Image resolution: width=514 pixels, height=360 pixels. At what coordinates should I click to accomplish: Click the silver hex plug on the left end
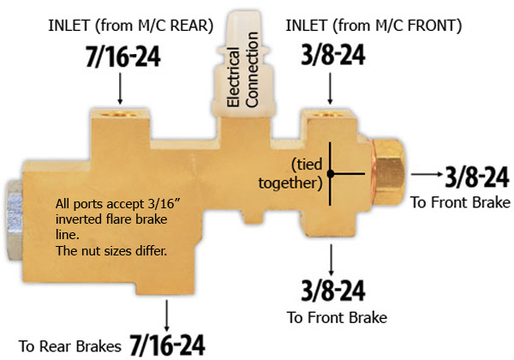[x=14, y=219]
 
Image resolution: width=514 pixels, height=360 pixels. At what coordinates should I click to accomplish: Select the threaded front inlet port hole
[x=328, y=114]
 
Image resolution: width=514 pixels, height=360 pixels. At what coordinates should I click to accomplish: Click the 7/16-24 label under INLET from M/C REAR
[x=123, y=57]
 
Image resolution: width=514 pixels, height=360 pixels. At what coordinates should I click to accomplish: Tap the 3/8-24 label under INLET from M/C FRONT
[x=333, y=54]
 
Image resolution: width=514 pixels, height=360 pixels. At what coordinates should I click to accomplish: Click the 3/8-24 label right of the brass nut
[x=477, y=177]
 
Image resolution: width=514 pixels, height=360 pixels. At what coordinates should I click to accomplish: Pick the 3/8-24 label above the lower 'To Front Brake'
[x=333, y=291]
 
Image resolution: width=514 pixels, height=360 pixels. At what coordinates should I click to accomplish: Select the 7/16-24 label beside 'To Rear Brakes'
[x=168, y=345]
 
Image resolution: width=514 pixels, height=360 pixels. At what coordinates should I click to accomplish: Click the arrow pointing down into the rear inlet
[x=120, y=88]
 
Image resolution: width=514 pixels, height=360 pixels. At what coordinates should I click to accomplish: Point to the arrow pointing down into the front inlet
[x=330, y=88]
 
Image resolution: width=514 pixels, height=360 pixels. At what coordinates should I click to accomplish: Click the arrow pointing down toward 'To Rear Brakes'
[x=167, y=315]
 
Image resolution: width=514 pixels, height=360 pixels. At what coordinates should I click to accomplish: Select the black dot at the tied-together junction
[x=331, y=174]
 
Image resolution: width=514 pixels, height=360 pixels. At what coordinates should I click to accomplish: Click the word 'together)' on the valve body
[x=290, y=183]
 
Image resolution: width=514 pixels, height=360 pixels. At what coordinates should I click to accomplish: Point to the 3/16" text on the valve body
[x=164, y=204]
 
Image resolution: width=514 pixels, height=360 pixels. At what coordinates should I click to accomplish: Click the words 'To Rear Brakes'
[x=70, y=346]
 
